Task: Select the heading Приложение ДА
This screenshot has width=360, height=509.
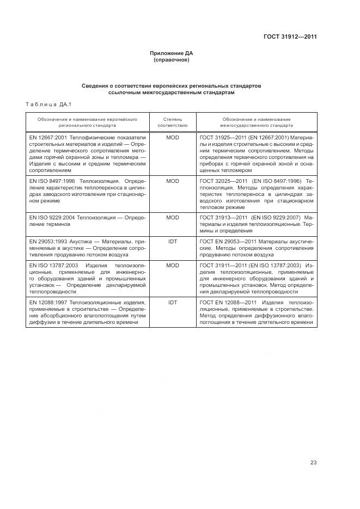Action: [x=172, y=53]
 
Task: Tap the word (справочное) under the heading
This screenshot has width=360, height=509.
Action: [x=172, y=60]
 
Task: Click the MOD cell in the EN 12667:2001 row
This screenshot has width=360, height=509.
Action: [x=172, y=137]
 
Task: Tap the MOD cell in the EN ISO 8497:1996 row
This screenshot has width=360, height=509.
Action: [x=172, y=180]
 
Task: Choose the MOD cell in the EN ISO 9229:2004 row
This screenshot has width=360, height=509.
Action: [x=172, y=217]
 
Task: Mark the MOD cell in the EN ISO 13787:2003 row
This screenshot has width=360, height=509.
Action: [x=172, y=266]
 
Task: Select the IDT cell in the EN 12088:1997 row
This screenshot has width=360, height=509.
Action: [x=172, y=302]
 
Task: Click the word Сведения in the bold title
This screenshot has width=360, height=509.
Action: [x=96, y=86]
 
